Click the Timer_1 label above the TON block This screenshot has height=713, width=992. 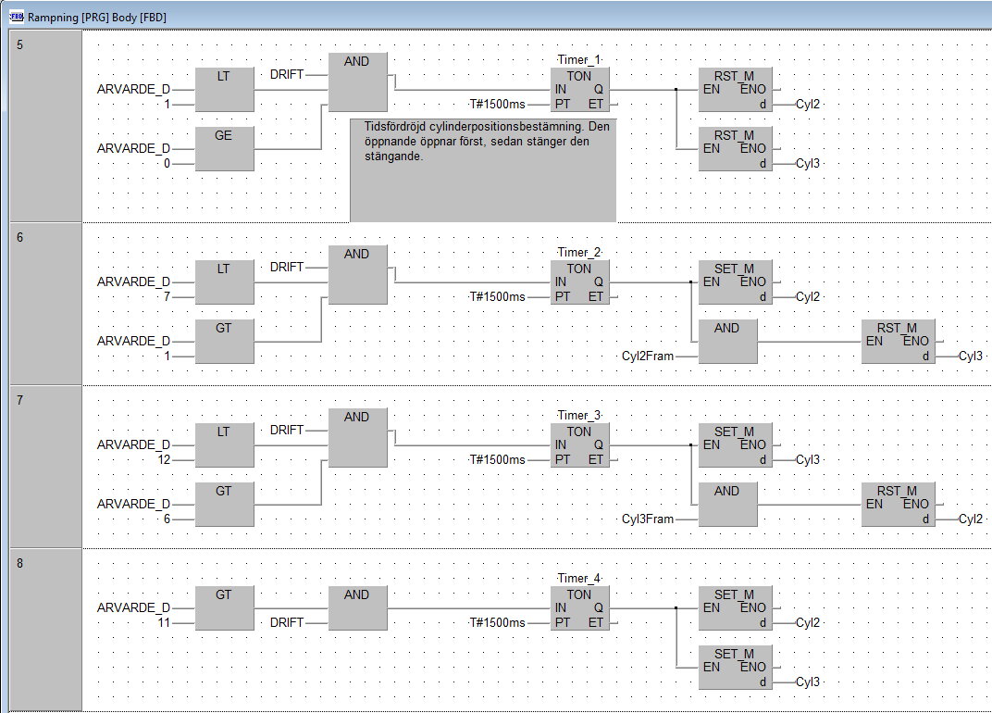pos(579,59)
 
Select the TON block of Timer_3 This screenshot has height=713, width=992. pos(579,445)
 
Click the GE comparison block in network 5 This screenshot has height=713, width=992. pos(224,148)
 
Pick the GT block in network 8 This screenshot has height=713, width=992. pos(224,607)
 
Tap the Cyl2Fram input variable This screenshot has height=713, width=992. pos(647,356)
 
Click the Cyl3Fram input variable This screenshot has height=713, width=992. pos(647,519)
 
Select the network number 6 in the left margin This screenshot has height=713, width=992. pos(20,237)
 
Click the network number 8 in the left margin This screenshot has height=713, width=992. pos(20,563)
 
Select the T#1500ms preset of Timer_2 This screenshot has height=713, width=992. pos(497,296)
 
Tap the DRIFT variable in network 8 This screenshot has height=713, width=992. pos(287,622)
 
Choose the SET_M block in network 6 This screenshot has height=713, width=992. pos(735,282)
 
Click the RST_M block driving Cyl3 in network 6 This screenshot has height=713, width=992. pos(898,342)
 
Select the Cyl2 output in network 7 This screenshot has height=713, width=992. pos(971,519)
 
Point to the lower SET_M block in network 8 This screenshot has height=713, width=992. pos(735,668)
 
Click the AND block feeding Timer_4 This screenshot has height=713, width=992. pos(357,607)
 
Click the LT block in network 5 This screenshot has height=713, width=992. pos(224,90)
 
